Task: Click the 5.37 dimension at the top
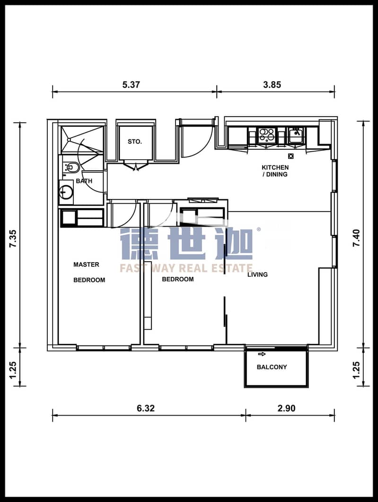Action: click(131, 85)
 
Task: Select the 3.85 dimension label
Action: click(272, 85)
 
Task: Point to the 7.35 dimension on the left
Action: click(13, 238)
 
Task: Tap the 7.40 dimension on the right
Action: click(356, 238)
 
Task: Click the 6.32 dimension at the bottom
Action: click(145, 408)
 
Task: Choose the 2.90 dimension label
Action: click(286, 408)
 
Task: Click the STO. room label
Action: click(134, 142)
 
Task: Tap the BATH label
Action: click(84, 181)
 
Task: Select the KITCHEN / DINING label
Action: click(275, 171)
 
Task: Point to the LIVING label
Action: click(257, 274)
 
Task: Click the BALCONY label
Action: click(272, 367)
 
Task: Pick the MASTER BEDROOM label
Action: click(89, 272)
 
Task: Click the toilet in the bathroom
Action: click(71, 167)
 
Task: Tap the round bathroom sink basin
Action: click(66, 192)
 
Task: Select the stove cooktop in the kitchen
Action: click(266, 135)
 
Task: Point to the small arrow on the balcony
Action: click(262, 354)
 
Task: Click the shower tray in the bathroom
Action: click(82, 139)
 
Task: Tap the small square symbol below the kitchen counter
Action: click(291, 156)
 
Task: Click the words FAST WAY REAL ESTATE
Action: click(186, 268)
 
